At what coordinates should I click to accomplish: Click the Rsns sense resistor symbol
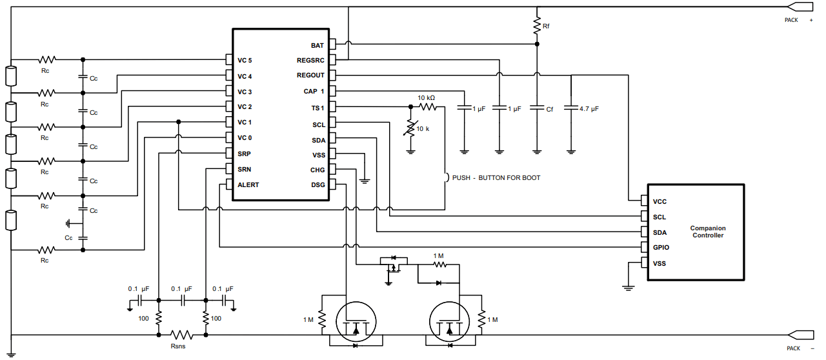click(x=182, y=335)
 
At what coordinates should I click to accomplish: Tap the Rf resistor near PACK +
click(x=537, y=25)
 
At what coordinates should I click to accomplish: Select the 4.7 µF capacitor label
click(x=589, y=109)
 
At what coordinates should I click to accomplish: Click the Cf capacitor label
click(x=549, y=110)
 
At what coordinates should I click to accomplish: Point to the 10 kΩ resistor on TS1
click(x=427, y=106)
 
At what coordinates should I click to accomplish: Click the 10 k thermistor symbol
click(x=410, y=128)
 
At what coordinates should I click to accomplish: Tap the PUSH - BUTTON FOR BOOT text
click(x=496, y=177)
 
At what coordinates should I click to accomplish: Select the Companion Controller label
click(x=708, y=232)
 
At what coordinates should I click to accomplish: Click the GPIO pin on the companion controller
click(x=661, y=248)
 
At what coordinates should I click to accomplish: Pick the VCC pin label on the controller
click(x=660, y=201)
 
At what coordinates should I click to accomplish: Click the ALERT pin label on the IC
click(x=248, y=185)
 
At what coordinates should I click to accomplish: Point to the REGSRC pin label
click(x=310, y=61)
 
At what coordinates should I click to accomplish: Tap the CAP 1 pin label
click(x=314, y=92)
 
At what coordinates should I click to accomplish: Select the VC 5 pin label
click(x=245, y=61)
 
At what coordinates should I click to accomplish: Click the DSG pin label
click(x=317, y=185)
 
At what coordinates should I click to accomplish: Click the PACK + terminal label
click(x=798, y=20)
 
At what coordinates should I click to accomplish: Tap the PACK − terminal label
click(x=798, y=348)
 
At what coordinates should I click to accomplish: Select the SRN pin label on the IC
click(x=244, y=170)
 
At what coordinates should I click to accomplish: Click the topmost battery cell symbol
click(x=11, y=76)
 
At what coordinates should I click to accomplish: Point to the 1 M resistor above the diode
click(x=439, y=264)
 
